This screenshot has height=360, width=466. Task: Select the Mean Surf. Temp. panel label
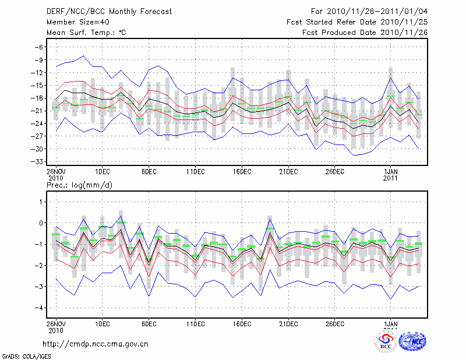86,33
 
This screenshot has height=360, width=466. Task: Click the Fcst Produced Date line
365,33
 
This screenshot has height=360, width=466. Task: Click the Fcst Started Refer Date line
357,22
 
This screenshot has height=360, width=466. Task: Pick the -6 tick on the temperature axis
39,47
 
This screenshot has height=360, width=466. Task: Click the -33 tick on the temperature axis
37,161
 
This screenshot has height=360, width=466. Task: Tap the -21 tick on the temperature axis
37,111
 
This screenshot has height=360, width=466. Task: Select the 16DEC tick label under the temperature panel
242,172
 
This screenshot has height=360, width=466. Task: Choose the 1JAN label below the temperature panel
390,172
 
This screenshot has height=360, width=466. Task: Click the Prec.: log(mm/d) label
79,185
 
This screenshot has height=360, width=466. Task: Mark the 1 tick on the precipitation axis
41,202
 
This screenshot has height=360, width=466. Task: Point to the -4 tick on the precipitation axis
39,308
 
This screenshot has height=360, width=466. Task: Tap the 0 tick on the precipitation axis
41,223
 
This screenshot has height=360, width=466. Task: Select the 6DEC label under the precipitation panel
149,324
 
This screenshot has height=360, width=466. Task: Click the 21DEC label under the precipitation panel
288,324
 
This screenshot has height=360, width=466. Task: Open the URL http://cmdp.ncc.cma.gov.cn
96,344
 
